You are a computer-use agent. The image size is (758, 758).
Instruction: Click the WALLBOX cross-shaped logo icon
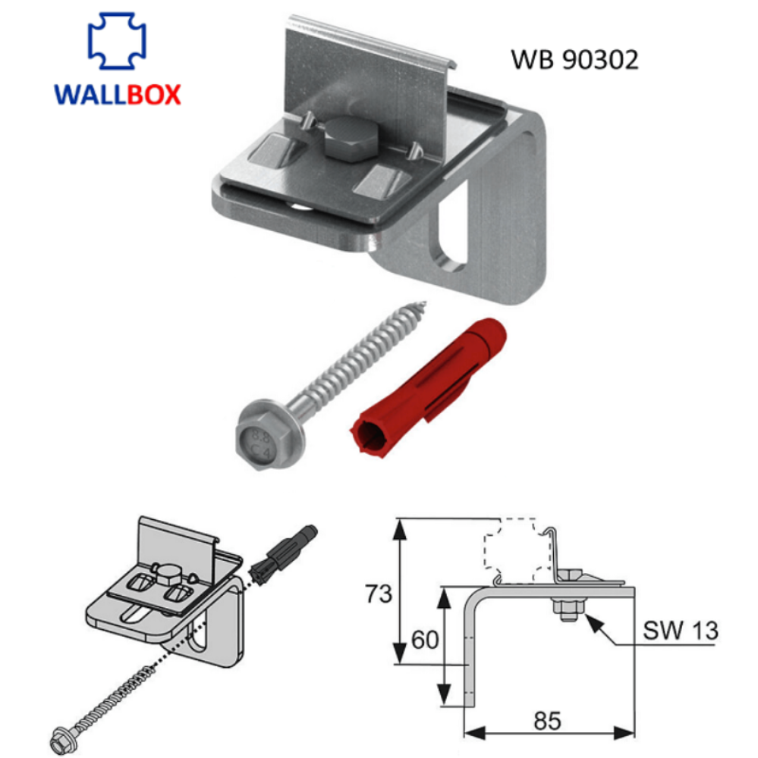[x=117, y=42]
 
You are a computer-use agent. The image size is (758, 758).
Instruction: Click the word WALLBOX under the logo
[x=117, y=95]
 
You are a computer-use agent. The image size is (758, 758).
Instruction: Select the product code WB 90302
[x=574, y=60]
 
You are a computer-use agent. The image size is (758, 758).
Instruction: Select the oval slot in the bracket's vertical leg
[x=451, y=230]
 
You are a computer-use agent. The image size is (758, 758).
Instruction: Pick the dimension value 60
[x=425, y=641]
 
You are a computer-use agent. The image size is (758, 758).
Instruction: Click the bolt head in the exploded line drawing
[x=166, y=571]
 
